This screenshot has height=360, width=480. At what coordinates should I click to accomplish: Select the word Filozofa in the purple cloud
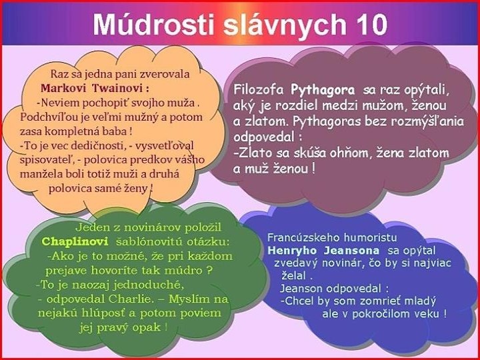point(259,89)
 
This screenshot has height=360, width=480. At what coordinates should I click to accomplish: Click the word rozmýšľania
point(413,121)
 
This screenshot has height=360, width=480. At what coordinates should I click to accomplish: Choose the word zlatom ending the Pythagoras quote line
point(426,153)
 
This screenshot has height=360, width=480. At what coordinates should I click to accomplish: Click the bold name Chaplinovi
point(71,241)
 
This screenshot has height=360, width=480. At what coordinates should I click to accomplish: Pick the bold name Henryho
point(288,250)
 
